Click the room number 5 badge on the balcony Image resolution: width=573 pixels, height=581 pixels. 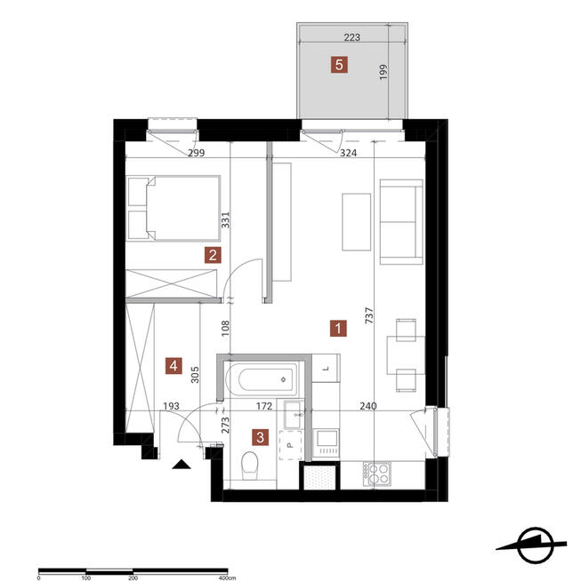point(339,65)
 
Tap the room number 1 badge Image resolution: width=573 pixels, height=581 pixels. point(338,329)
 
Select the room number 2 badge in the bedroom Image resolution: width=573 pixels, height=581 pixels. point(213,255)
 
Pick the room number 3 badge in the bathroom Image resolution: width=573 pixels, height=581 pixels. point(260,437)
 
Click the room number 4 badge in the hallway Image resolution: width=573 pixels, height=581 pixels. point(174,366)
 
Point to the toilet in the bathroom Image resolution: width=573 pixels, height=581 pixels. point(249,466)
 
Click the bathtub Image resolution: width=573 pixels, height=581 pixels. point(262,379)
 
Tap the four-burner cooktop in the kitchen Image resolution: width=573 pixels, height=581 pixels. point(376,474)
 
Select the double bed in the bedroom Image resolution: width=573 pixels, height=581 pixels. point(174,208)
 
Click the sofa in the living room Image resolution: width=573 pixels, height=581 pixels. point(401,222)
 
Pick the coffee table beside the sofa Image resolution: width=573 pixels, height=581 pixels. point(356,222)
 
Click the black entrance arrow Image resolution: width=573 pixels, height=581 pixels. point(182,465)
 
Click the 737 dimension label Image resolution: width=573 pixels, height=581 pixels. point(369,316)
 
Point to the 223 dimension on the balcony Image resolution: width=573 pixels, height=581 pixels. point(351,37)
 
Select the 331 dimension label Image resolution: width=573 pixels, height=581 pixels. point(225,219)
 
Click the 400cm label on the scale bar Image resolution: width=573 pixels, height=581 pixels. point(227,577)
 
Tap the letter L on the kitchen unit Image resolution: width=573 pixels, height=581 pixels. point(327,369)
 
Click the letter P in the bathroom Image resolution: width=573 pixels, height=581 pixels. point(291,445)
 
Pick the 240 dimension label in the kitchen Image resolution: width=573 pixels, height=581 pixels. point(368,406)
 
